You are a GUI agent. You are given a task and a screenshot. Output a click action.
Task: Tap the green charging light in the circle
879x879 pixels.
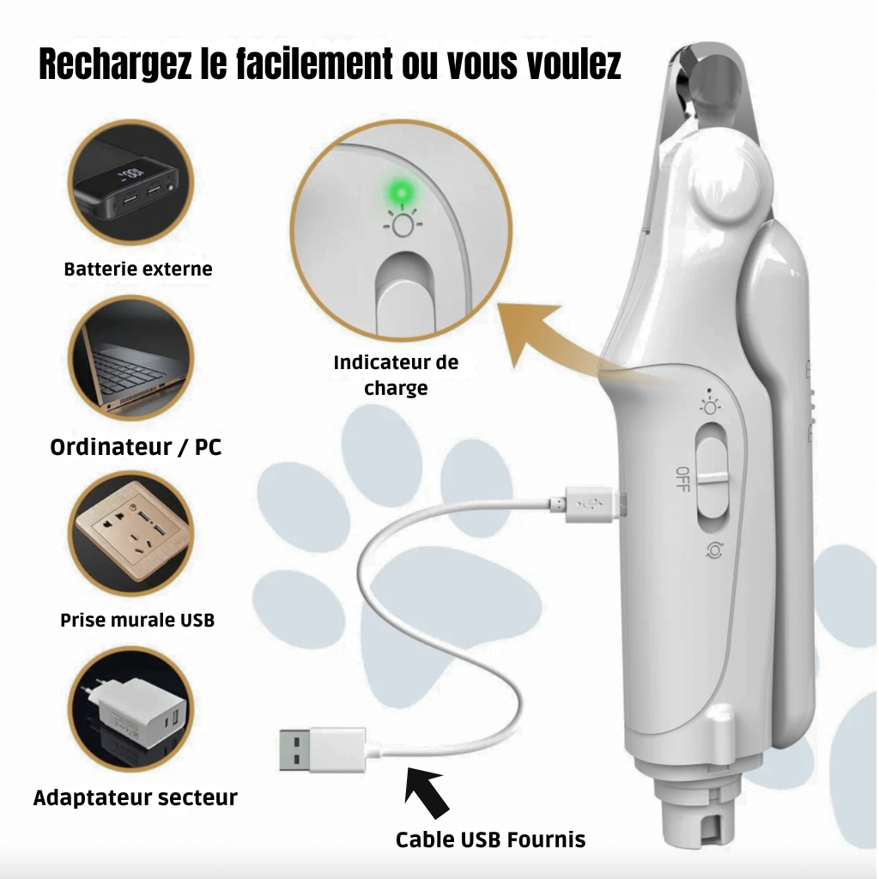click(x=402, y=195)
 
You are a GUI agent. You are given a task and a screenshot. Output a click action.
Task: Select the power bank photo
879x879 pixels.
click(x=130, y=183)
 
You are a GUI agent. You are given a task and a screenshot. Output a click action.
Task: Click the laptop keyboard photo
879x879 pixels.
click(x=131, y=358)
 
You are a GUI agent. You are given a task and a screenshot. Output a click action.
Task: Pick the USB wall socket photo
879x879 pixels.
click(x=131, y=534)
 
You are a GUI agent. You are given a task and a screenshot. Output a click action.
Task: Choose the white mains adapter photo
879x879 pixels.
click(x=131, y=710)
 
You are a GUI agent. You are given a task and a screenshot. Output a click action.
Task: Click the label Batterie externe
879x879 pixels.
click(x=138, y=269)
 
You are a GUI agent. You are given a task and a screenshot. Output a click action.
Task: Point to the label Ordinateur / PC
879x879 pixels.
click(x=136, y=446)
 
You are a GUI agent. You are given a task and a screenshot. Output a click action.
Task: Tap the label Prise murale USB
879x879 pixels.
click(x=137, y=620)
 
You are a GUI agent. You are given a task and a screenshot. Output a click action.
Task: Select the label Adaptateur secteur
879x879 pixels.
click(x=135, y=797)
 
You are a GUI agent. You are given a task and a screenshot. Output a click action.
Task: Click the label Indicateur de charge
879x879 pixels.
click(x=396, y=375)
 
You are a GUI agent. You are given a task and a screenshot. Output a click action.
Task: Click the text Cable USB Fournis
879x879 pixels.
click(x=490, y=840)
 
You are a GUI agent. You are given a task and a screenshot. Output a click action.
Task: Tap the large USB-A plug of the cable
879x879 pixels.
click(x=323, y=749)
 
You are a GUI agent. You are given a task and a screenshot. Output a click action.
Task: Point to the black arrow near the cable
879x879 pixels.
click(x=427, y=791)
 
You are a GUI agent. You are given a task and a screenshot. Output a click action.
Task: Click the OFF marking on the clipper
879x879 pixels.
click(x=682, y=479)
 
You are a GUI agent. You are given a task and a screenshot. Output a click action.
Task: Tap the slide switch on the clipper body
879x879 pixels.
click(x=712, y=478)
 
